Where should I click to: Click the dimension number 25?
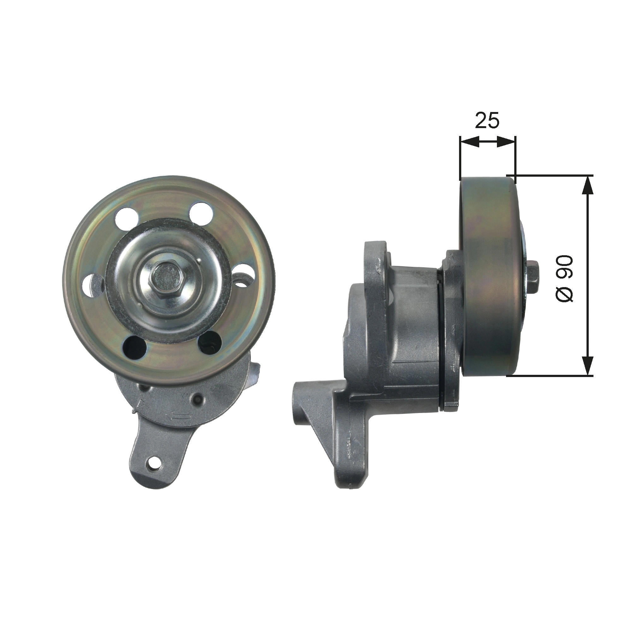click(487, 121)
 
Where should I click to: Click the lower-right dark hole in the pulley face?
click(210, 343)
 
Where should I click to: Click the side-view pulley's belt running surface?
click(487, 278)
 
